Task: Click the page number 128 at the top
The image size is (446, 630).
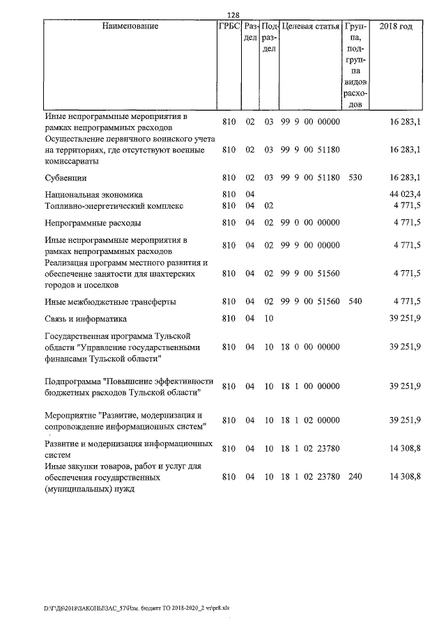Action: (234, 15)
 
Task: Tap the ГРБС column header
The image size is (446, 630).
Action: (229, 26)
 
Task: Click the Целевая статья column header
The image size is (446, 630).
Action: (310, 26)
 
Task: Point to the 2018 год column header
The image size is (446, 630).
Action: (396, 26)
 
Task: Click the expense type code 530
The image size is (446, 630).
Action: (355, 178)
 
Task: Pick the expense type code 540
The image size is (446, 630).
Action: (355, 301)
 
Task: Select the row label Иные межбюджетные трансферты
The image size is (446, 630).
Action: (109, 301)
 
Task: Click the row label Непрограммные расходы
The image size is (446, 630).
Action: (93, 223)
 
